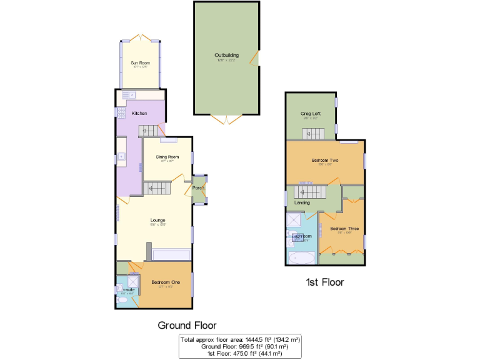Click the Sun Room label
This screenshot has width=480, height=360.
pos(140,63)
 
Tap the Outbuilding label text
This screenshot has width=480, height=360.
pos(226,55)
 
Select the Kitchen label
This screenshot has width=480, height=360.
pos(139,113)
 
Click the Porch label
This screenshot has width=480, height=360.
pos(199,188)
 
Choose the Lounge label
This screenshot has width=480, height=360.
pos(157,220)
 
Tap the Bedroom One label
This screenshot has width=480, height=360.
pos(166,282)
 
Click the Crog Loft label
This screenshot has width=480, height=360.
pos(311,114)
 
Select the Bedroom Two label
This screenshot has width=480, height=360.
pos(324,161)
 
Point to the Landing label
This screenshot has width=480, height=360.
pos(302,202)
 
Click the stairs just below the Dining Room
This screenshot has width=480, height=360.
pos(157,187)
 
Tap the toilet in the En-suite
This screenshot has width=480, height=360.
pos(122,301)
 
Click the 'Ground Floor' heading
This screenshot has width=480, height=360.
pos(187,325)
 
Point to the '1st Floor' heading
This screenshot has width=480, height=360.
pos(324,282)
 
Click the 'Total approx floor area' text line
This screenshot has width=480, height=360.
pos(240,340)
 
